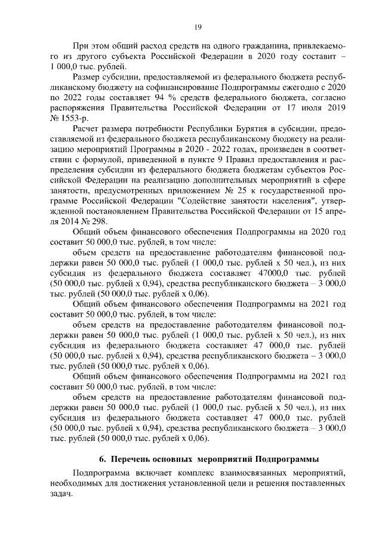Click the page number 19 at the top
[198, 26]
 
